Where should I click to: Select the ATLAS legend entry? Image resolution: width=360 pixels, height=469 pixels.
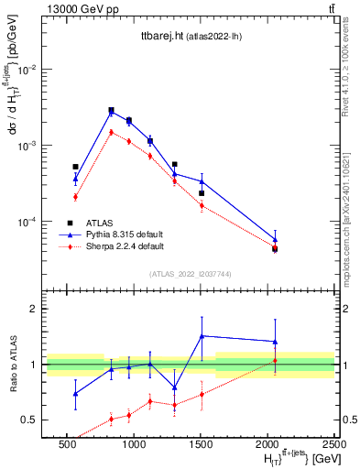pyautogui.click(x=98, y=223)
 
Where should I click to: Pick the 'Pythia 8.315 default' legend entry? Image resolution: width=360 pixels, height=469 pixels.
pyautogui.click(x=125, y=234)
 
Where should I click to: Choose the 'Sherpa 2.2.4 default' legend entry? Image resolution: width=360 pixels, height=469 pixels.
pyautogui.click(x=125, y=246)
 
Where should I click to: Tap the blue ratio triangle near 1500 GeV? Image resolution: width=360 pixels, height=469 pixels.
pyautogui.click(x=202, y=336)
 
